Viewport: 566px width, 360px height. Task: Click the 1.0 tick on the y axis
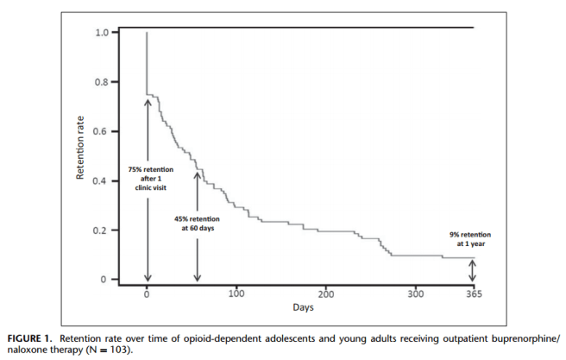103,33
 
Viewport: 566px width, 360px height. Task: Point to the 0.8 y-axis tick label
103,82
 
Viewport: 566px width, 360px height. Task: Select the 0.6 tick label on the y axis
103,131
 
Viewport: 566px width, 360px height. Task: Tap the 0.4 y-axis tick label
103,181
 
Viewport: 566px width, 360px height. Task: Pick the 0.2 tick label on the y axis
103,231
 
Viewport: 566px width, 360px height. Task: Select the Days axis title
301,307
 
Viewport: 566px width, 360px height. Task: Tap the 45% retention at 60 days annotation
197,223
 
